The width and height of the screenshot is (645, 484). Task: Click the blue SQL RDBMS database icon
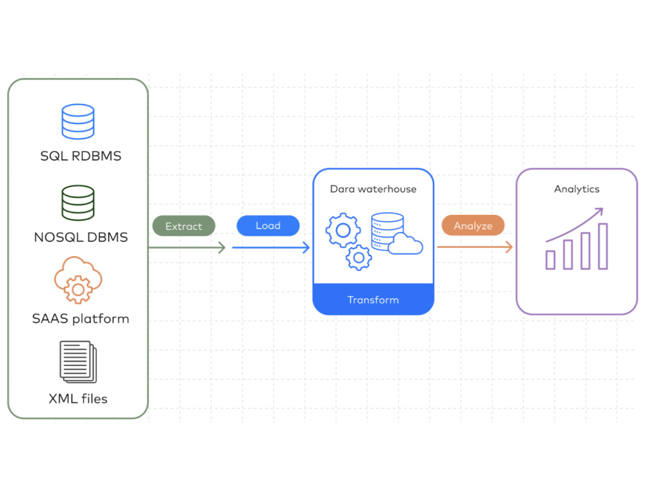tap(78, 121)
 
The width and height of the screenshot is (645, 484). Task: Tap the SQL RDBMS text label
tap(81, 156)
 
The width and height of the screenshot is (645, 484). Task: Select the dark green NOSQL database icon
tap(78, 203)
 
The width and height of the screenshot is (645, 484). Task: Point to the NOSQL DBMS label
tap(81, 237)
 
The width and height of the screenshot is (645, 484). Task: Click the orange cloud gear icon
tap(78, 280)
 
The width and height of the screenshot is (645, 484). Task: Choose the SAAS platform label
tap(81, 319)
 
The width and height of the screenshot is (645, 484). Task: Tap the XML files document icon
tap(78, 362)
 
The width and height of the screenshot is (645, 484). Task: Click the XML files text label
tap(78, 399)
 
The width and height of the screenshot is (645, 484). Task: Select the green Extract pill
tap(184, 226)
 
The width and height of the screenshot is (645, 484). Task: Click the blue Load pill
tap(268, 225)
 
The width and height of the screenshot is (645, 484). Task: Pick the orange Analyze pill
tap(473, 225)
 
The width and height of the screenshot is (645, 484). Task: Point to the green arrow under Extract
tap(187, 247)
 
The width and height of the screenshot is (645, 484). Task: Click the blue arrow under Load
tap(271, 247)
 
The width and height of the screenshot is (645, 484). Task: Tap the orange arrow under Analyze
tap(475, 247)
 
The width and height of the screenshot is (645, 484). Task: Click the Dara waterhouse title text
tap(373, 189)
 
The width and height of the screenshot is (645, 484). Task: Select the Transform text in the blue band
tap(373, 299)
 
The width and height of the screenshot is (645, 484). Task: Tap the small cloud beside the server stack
tap(405, 244)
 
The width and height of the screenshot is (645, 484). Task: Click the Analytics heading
tap(577, 189)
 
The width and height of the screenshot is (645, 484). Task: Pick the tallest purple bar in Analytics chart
tap(603, 246)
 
